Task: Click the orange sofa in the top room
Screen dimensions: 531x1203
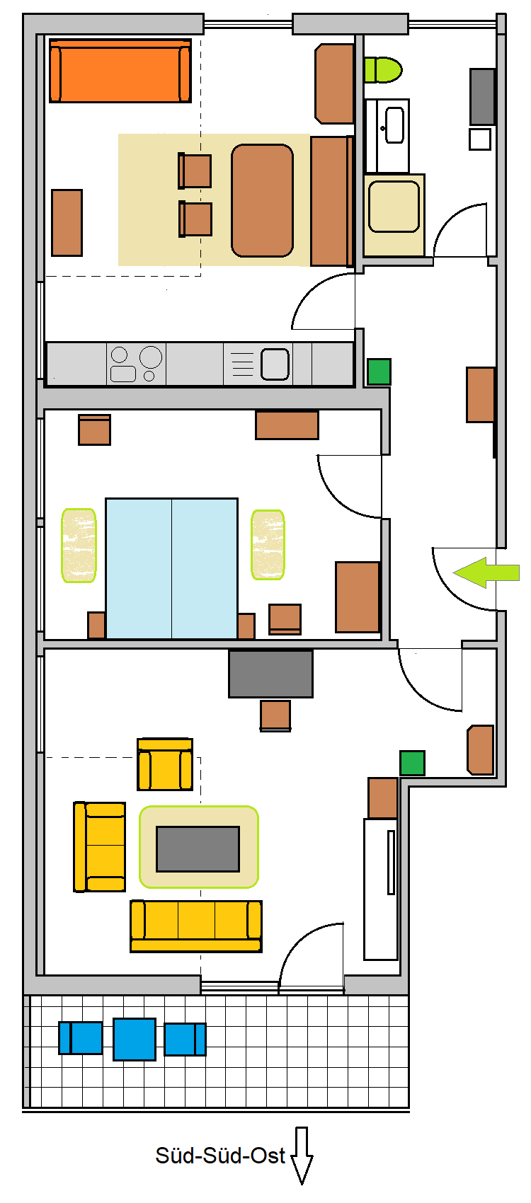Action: coord(120,70)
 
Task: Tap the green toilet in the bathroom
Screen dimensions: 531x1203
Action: coord(382,70)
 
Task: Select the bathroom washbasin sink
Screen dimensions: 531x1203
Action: coord(395,125)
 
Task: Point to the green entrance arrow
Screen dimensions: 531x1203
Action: coord(486,572)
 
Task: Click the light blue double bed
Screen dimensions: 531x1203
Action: coord(171,568)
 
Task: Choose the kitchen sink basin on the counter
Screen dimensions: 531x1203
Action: coord(275,364)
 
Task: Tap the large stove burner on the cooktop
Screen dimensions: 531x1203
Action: coord(151,357)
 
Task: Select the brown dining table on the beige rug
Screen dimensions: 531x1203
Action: coord(262,200)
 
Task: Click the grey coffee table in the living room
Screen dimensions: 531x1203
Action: coord(198,848)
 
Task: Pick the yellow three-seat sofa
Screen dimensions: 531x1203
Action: coord(196,926)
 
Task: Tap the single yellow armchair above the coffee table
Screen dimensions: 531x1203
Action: coord(165,764)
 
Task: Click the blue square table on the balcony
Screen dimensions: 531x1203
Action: coord(135,1040)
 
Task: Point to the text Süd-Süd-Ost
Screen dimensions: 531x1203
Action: coord(219,1156)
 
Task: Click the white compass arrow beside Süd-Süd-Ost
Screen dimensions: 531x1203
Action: coord(302,1155)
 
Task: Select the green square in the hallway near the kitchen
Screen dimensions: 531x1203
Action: coord(379,372)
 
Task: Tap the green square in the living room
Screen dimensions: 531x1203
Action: coord(412,763)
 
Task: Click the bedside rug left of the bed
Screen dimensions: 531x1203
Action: coord(79,545)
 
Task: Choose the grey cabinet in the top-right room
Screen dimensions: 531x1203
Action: coord(482,97)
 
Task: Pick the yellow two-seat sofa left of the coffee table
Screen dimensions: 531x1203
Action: coord(99,847)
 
